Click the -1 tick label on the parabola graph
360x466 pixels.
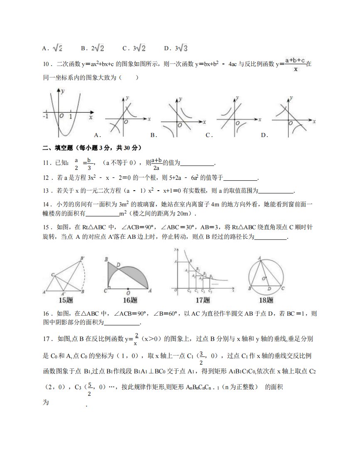coord(45,116)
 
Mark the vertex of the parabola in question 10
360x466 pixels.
coord(66,136)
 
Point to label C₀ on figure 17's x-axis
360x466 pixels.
coord(189,291)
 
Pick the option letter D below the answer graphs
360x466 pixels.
coord(264,135)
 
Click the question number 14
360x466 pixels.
coord(45,204)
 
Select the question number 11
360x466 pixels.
coord(45,164)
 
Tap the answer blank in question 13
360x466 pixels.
coord(276,191)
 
